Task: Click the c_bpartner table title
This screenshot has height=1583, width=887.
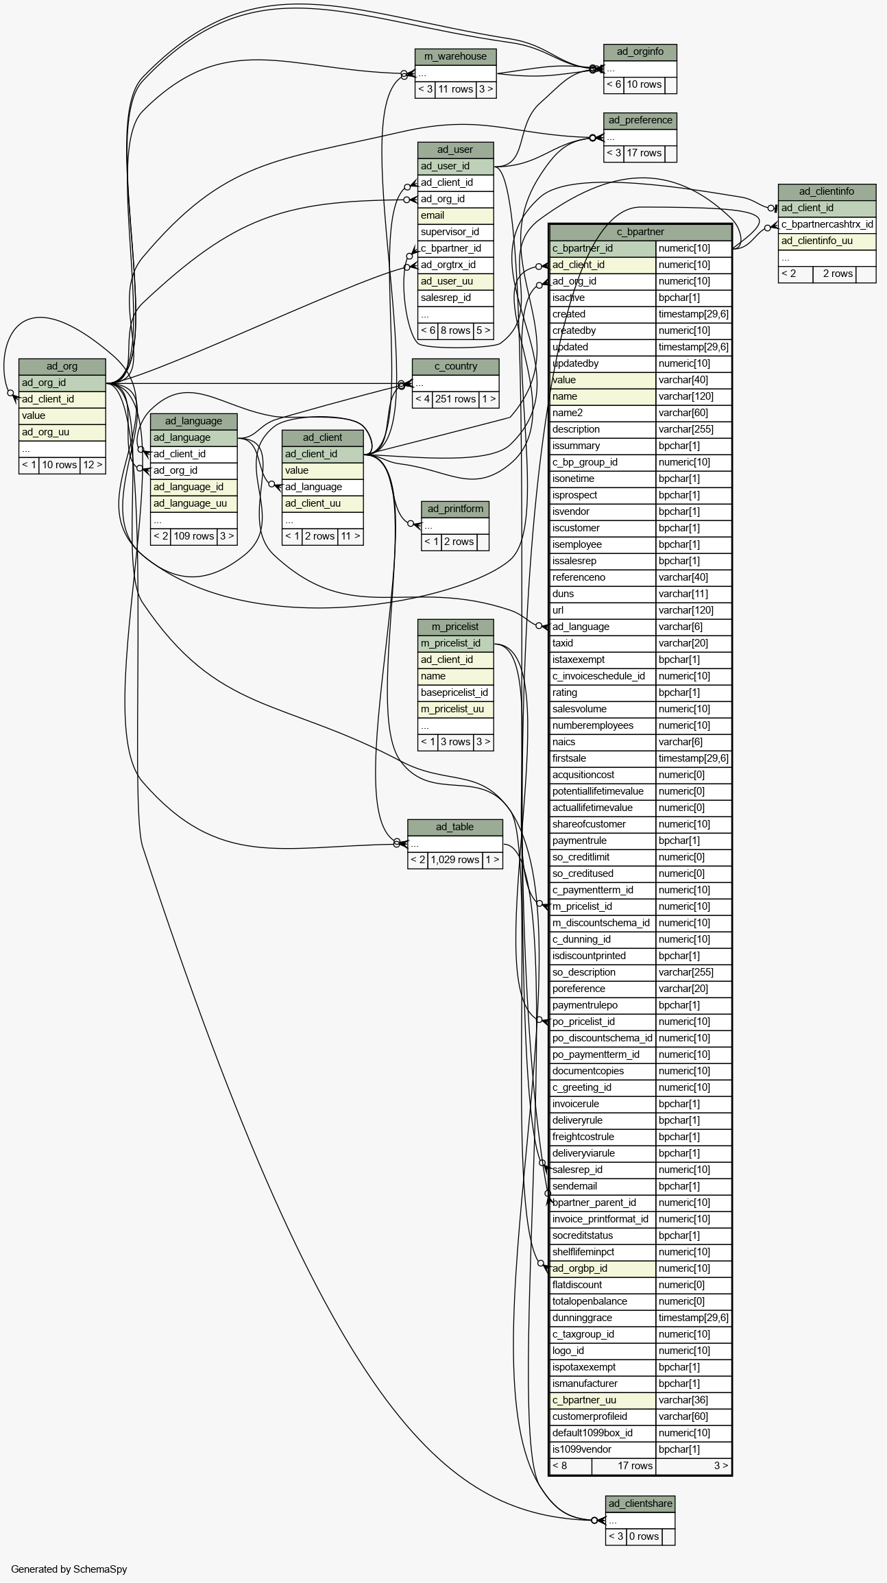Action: point(640,232)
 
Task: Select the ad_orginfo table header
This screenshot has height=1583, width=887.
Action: point(640,52)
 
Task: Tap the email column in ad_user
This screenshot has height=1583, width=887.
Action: point(455,215)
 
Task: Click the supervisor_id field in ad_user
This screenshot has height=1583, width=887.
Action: point(455,232)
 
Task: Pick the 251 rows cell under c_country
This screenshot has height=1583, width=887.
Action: point(455,399)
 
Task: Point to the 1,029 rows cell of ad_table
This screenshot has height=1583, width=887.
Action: point(455,860)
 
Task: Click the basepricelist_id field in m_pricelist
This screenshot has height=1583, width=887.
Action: point(455,692)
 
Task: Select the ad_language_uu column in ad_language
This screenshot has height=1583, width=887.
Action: point(194,503)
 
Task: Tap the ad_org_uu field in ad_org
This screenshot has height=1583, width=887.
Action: point(62,432)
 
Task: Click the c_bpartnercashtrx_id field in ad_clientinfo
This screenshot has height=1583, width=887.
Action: point(827,224)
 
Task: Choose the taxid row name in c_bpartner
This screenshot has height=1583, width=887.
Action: point(603,643)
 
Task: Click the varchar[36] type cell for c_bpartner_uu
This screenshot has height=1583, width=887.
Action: point(694,1400)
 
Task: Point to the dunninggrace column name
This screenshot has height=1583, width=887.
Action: point(603,1318)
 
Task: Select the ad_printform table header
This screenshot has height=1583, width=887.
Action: point(455,509)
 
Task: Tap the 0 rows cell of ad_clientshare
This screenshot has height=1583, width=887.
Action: point(644,1536)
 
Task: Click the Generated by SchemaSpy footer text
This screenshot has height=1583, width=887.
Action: point(69,1569)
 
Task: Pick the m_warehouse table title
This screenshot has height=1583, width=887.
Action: point(455,57)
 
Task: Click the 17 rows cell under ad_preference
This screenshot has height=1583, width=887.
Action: point(644,153)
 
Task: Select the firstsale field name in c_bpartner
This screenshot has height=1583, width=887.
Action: point(603,758)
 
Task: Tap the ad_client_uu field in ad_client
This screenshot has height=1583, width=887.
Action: point(322,503)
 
